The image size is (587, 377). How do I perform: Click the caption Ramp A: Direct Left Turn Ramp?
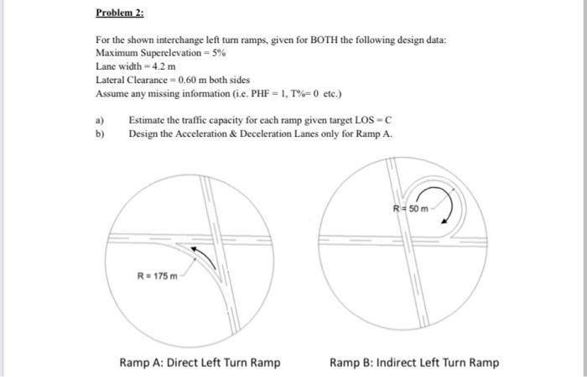[x=200, y=363]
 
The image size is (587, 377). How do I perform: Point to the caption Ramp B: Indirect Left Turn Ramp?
[x=414, y=363]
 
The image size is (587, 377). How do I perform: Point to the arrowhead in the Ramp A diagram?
[x=194, y=249]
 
